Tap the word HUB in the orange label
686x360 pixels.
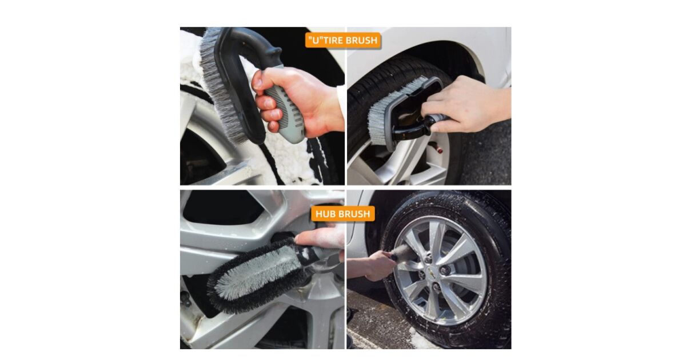[326, 214]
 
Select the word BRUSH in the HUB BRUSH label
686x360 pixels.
[354, 214]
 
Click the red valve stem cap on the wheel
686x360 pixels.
[439, 150]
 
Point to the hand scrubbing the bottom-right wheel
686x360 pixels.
[379, 265]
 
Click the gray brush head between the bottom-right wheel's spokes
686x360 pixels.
[405, 253]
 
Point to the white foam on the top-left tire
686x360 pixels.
[294, 159]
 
